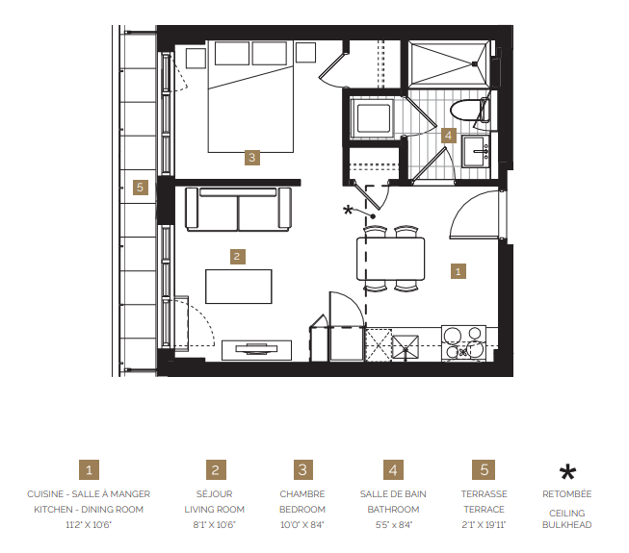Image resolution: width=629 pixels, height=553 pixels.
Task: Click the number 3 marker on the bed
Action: pos(251,157)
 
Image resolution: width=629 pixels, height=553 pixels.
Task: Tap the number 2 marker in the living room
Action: pos(237,257)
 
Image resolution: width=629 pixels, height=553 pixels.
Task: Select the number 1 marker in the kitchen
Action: pos(459,271)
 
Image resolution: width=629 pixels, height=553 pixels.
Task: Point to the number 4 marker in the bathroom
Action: pos(449,136)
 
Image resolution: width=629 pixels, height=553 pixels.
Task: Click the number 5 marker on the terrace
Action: pos(141,188)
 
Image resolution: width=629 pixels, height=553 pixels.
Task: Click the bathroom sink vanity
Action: pos(478,151)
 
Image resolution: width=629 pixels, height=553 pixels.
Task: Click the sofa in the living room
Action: pos(238,208)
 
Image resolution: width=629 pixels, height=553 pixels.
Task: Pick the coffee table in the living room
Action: pos(238,287)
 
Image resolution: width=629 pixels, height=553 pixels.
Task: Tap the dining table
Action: pos(391,259)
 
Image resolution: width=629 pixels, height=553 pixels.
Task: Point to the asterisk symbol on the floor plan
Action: pos(348,211)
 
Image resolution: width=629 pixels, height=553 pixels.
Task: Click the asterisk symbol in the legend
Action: pos(567,471)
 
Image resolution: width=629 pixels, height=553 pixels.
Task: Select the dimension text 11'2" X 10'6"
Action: pos(89,524)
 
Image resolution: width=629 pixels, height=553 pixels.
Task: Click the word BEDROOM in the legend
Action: pos(302,510)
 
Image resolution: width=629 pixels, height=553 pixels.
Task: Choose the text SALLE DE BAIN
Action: pos(393,494)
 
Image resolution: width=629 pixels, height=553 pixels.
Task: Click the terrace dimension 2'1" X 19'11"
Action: pos(484,524)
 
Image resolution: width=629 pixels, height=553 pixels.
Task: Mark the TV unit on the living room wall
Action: pos(256,348)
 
